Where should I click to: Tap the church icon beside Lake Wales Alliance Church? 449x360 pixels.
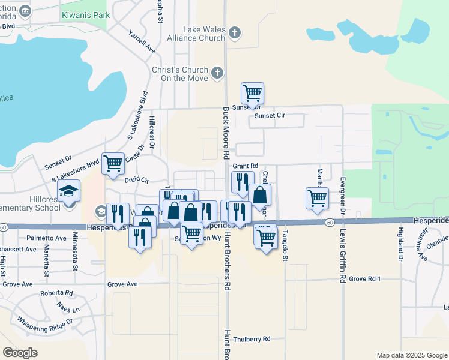click(x=235, y=32)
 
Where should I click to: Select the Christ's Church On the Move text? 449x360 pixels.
click(x=179, y=74)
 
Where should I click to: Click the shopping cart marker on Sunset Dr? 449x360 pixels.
click(x=252, y=93)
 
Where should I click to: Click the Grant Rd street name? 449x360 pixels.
click(x=245, y=166)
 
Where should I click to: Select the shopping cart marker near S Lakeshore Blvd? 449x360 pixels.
click(x=113, y=163)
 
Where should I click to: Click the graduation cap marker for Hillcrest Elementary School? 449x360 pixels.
click(x=68, y=192)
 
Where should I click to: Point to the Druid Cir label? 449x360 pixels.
click(x=136, y=179)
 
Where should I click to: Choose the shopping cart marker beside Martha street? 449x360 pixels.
click(x=316, y=198)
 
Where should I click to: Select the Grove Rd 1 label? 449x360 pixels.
click(x=365, y=279)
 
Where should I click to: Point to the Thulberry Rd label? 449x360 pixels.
click(x=253, y=339)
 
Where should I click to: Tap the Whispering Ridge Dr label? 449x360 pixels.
click(x=44, y=328)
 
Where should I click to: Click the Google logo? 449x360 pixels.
click(x=20, y=352)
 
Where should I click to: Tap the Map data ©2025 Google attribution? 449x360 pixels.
click(x=411, y=355)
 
